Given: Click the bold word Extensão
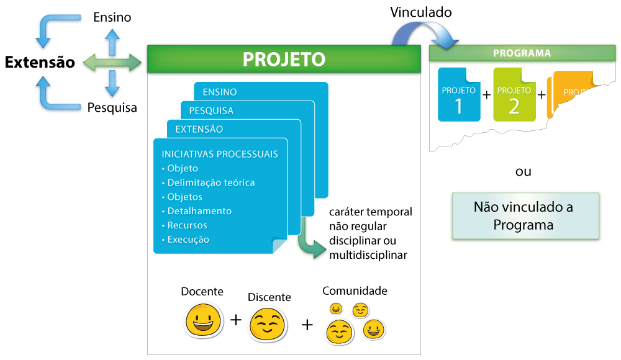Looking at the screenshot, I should (x=40, y=62).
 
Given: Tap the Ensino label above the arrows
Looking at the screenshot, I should (x=112, y=17).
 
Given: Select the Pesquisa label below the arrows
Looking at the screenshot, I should (x=112, y=107).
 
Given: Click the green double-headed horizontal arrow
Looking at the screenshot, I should (x=112, y=61).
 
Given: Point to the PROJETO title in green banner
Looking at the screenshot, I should (x=284, y=59).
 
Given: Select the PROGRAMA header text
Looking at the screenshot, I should (x=522, y=53).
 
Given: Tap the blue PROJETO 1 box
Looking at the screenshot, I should (x=459, y=95).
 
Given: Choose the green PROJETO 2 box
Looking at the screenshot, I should (x=514, y=95).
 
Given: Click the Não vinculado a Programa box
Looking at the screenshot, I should (x=525, y=215).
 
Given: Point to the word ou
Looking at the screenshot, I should (x=524, y=171).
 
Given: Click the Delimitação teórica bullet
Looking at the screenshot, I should (x=211, y=182).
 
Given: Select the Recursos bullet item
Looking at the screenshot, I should (x=187, y=225).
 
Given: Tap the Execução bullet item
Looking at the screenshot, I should (x=188, y=240).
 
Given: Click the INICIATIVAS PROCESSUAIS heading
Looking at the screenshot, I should (x=220, y=154).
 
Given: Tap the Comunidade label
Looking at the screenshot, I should (x=355, y=290).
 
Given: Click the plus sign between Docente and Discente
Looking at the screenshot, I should (x=235, y=320).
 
